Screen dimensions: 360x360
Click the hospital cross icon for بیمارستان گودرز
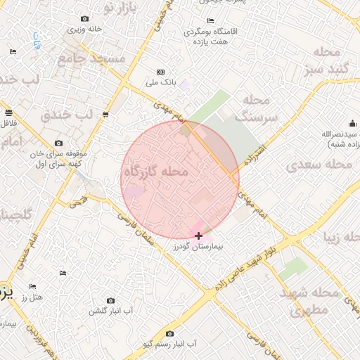(x=199, y=236)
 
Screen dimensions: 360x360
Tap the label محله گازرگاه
(x=156, y=172)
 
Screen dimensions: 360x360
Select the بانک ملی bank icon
(x=160, y=72)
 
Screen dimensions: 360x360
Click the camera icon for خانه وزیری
(x=85, y=18)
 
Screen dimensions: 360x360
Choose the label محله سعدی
(x=319, y=164)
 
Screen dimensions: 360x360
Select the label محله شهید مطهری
(x=309, y=300)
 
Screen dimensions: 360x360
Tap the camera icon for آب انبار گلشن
(x=110, y=300)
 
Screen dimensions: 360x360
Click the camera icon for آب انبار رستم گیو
(x=169, y=334)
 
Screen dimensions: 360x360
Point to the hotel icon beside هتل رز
(x=32, y=287)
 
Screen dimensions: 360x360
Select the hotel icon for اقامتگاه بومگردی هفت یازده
(x=210, y=21)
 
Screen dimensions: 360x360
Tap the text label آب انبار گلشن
(x=111, y=310)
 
